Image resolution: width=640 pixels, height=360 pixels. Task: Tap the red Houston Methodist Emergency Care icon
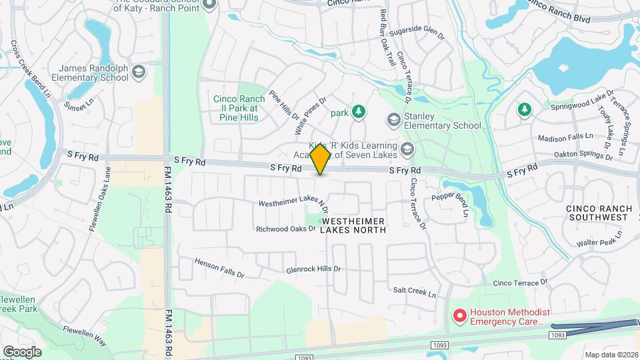tap(459, 315)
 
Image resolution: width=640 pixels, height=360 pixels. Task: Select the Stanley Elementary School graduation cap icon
tap(393, 119)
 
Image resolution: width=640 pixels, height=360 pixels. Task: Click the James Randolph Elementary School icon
tap(139, 72)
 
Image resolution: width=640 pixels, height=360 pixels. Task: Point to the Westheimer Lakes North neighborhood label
tap(353, 225)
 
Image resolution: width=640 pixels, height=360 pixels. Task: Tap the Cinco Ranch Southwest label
tap(598, 213)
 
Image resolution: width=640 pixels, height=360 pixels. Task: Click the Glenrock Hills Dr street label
tap(313, 269)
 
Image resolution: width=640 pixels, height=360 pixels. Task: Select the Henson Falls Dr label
tap(219, 268)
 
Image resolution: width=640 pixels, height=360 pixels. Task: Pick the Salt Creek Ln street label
tap(414, 293)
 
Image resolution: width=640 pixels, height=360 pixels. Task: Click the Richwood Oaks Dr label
tap(285, 229)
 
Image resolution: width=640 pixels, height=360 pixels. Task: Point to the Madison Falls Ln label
tap(565, 137)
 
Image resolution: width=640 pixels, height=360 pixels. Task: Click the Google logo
tap(22, 351)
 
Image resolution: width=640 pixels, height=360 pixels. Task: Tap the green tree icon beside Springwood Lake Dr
tap(525, 109)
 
